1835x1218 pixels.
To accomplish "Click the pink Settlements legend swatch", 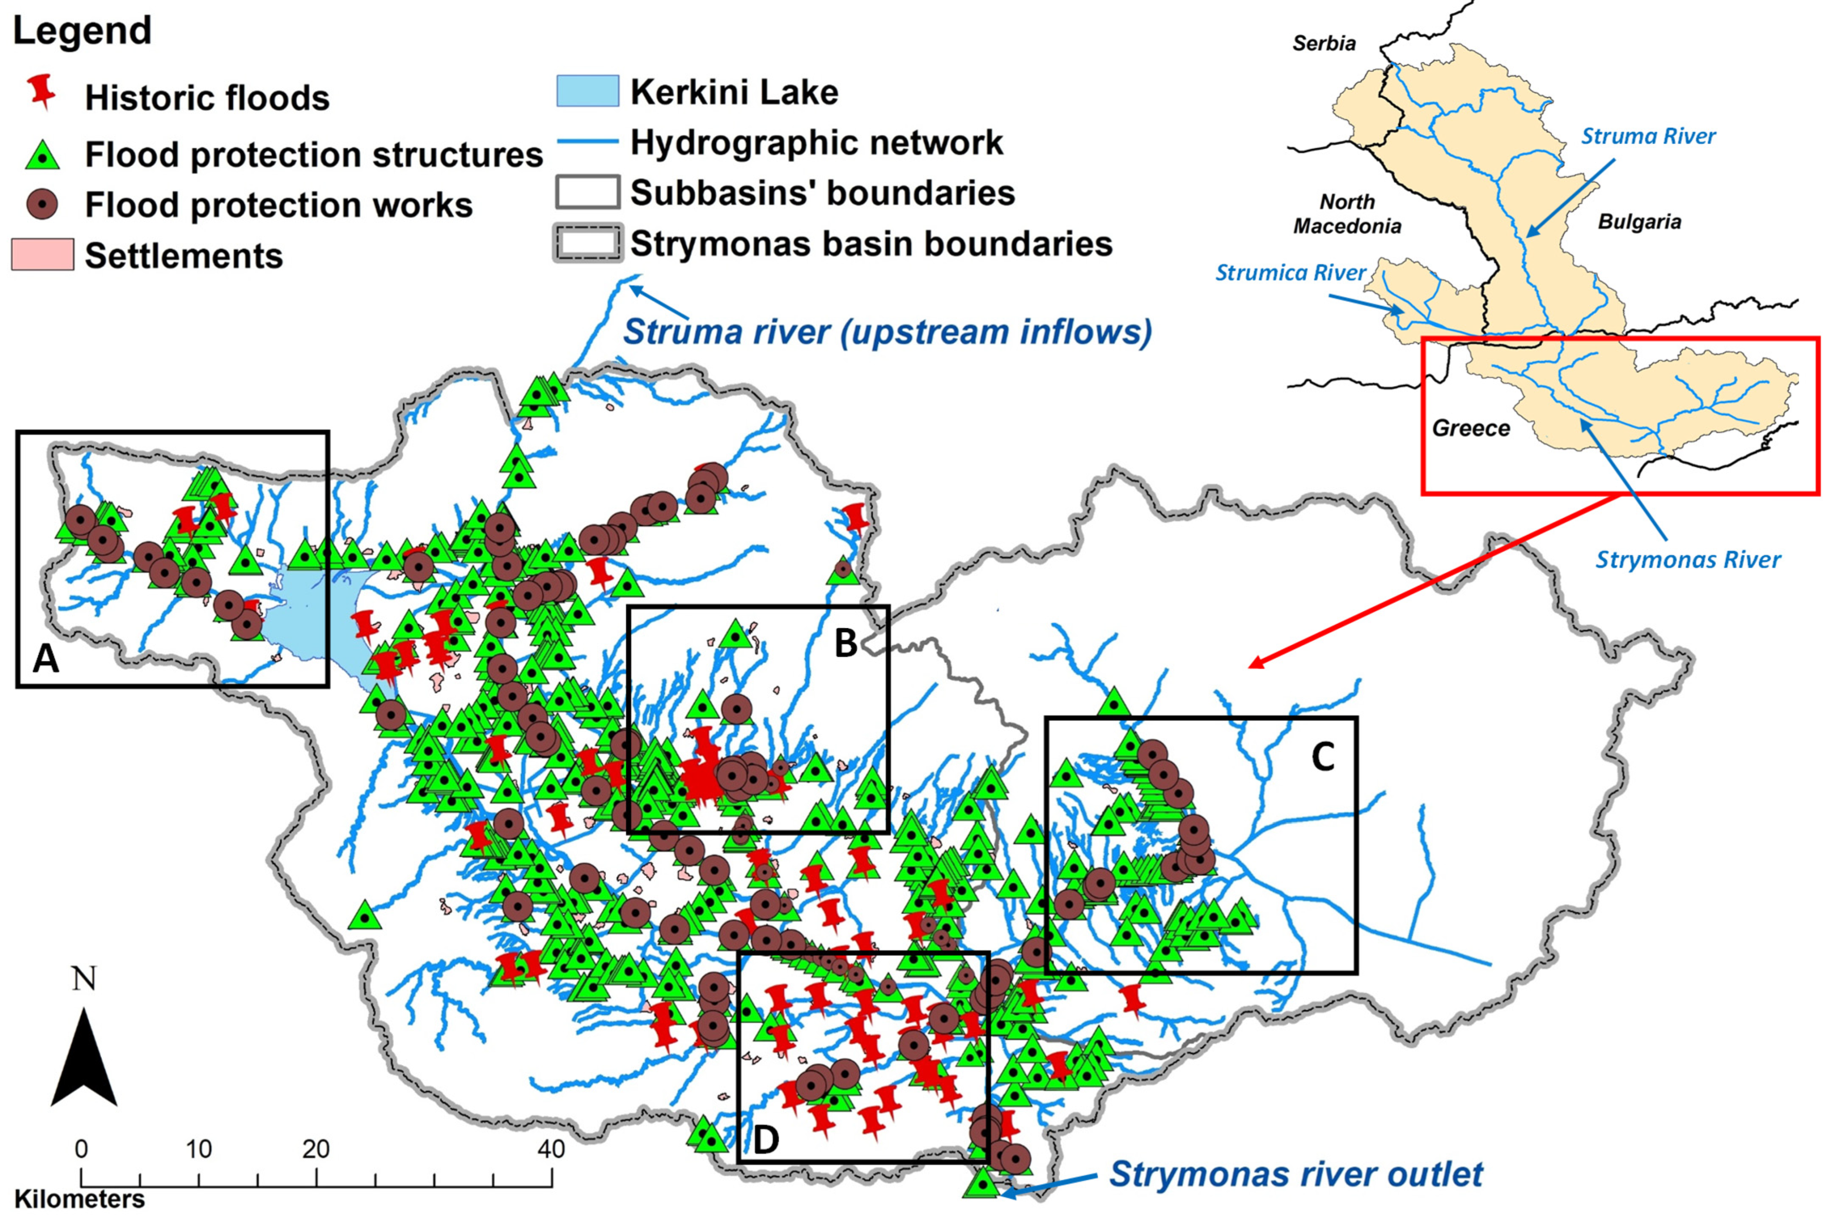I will coord(43,255).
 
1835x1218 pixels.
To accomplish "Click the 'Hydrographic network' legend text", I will coord(815,142).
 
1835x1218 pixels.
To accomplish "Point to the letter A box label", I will coord(46,659).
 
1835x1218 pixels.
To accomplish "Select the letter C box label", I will coord(1323,756).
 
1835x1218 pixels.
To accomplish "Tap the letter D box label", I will coord(765,1140).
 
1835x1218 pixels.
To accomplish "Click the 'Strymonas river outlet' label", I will coord(1295,1174).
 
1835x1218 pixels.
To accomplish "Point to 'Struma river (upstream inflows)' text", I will coord(887,331).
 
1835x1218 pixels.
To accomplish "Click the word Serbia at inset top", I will coord(1323,43).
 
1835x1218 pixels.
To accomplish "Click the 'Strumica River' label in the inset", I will coord(1290,273).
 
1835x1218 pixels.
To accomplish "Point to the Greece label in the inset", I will coord(1470,428).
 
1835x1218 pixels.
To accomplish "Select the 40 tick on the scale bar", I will coord(551,1149).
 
